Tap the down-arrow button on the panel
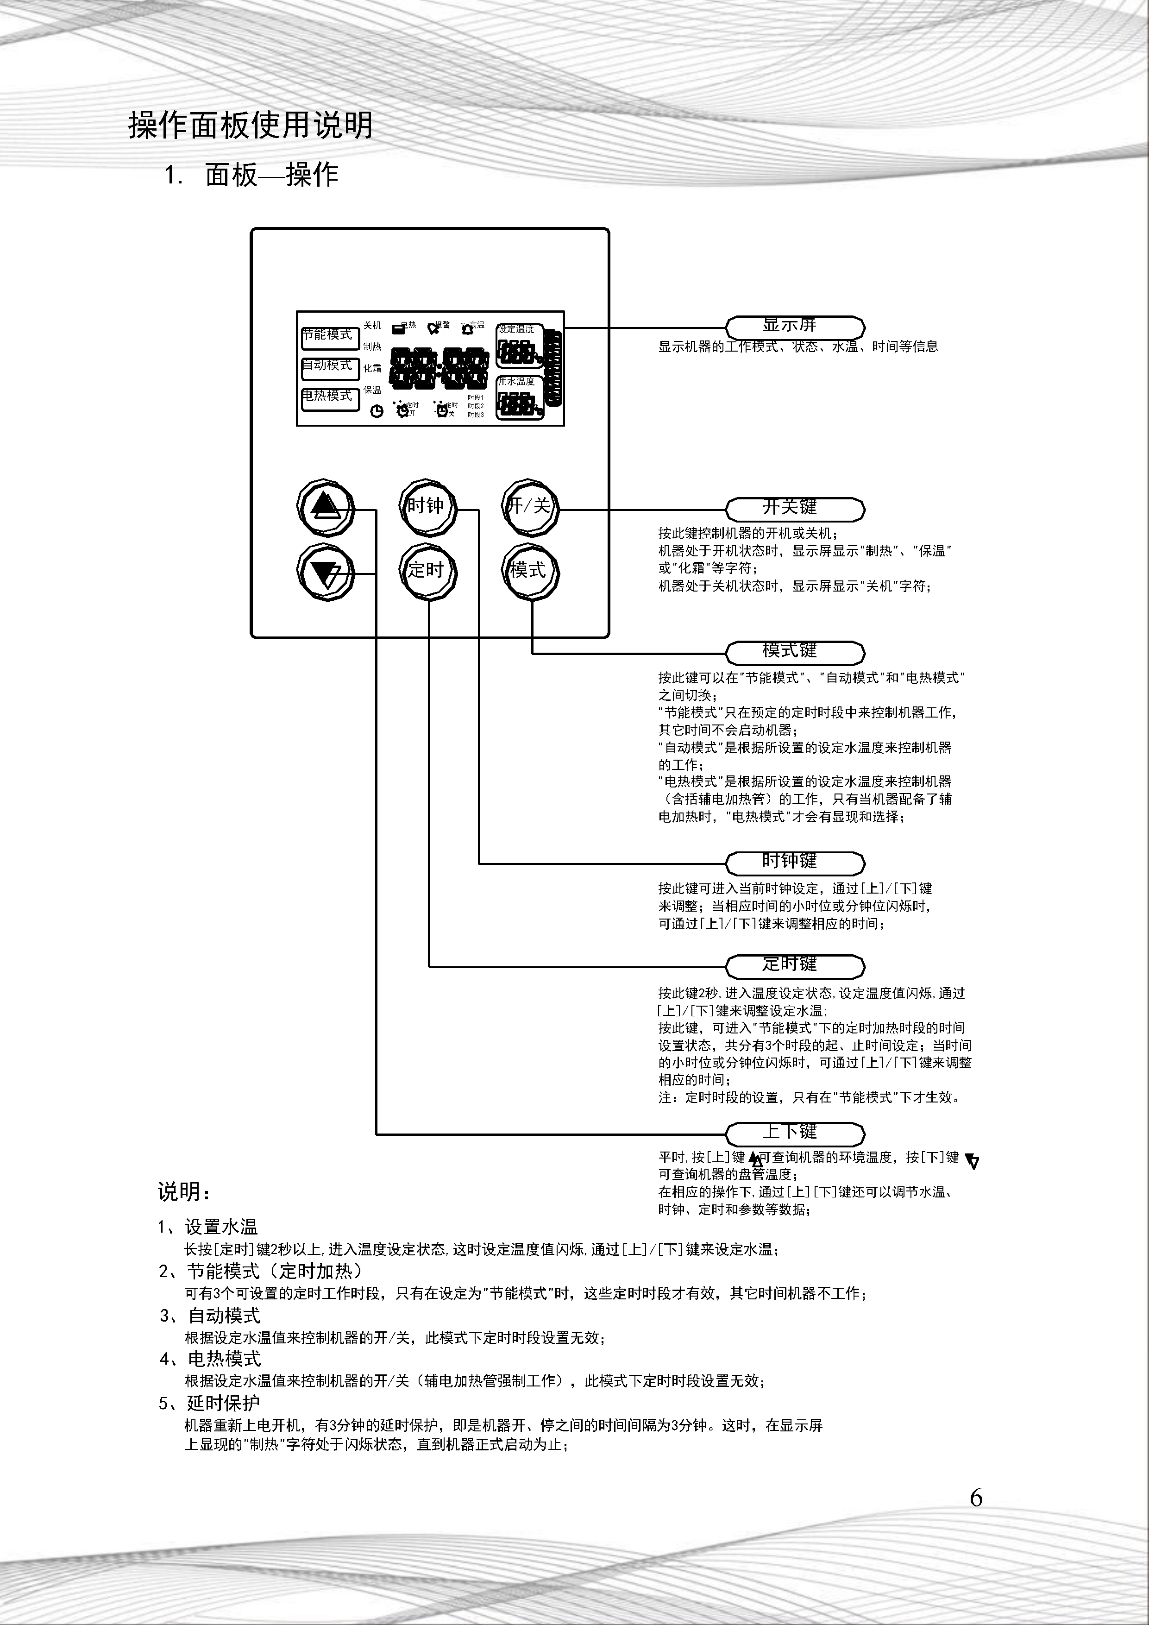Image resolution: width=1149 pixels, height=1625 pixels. click(326, 572)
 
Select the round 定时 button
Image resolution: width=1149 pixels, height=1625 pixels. click(428, 570)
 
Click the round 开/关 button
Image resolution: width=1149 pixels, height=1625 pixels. click(530, 507)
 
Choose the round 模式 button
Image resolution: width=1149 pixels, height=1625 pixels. click(530, 570)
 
